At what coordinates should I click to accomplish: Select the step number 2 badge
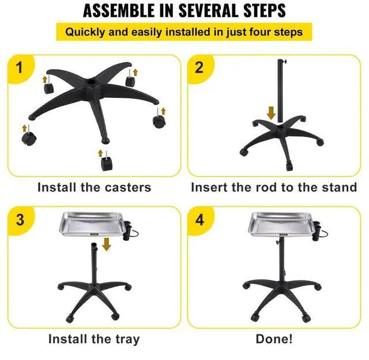click(199, 68)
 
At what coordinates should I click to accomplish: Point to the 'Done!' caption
click(274, 339)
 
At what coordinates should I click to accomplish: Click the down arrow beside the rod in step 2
click(271, 111)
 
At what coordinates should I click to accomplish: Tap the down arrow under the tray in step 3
click(106, 245)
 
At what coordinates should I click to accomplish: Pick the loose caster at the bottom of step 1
click(106, 164)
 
